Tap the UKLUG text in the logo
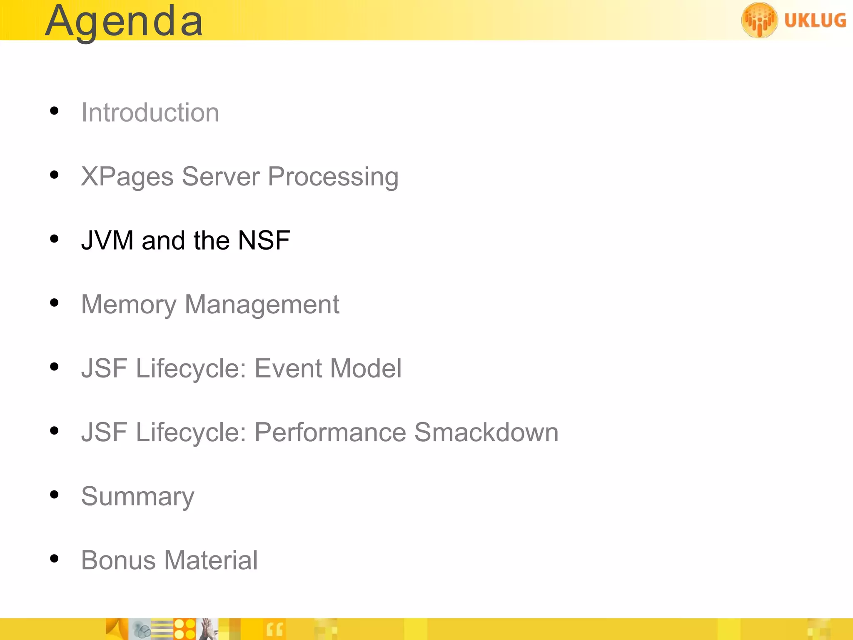(815, 20)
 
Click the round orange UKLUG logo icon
(759, 20)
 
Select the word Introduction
(150, 112)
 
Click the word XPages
(127, 177)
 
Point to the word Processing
(333, 177)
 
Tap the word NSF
(264, 240)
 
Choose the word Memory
(129, 305)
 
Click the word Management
(262, 305)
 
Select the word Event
(288, 368)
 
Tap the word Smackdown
(486, 432)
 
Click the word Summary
(138, 497)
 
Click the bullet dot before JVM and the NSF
(54, 239)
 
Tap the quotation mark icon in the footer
(274, 629)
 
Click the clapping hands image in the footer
(208, 629)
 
